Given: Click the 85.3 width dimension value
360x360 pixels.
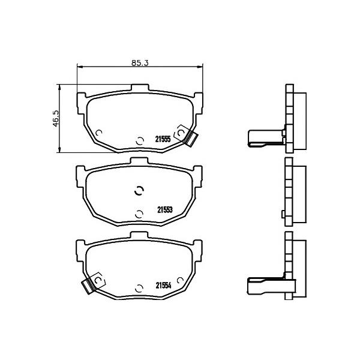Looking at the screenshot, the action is [140, 62].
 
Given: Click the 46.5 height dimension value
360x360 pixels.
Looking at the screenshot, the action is [56, 118].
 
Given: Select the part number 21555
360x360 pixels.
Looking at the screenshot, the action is [163, 139].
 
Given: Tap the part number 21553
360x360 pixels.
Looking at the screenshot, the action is [165, 209].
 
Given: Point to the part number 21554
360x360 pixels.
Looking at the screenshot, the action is [163, 286].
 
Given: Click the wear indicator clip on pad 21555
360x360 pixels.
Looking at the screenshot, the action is [191, 139].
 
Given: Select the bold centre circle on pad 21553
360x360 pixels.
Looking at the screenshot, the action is [139, 191].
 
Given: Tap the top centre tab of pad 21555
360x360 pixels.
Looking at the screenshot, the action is [140, 88].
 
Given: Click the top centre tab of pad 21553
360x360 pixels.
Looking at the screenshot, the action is [139, 161].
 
